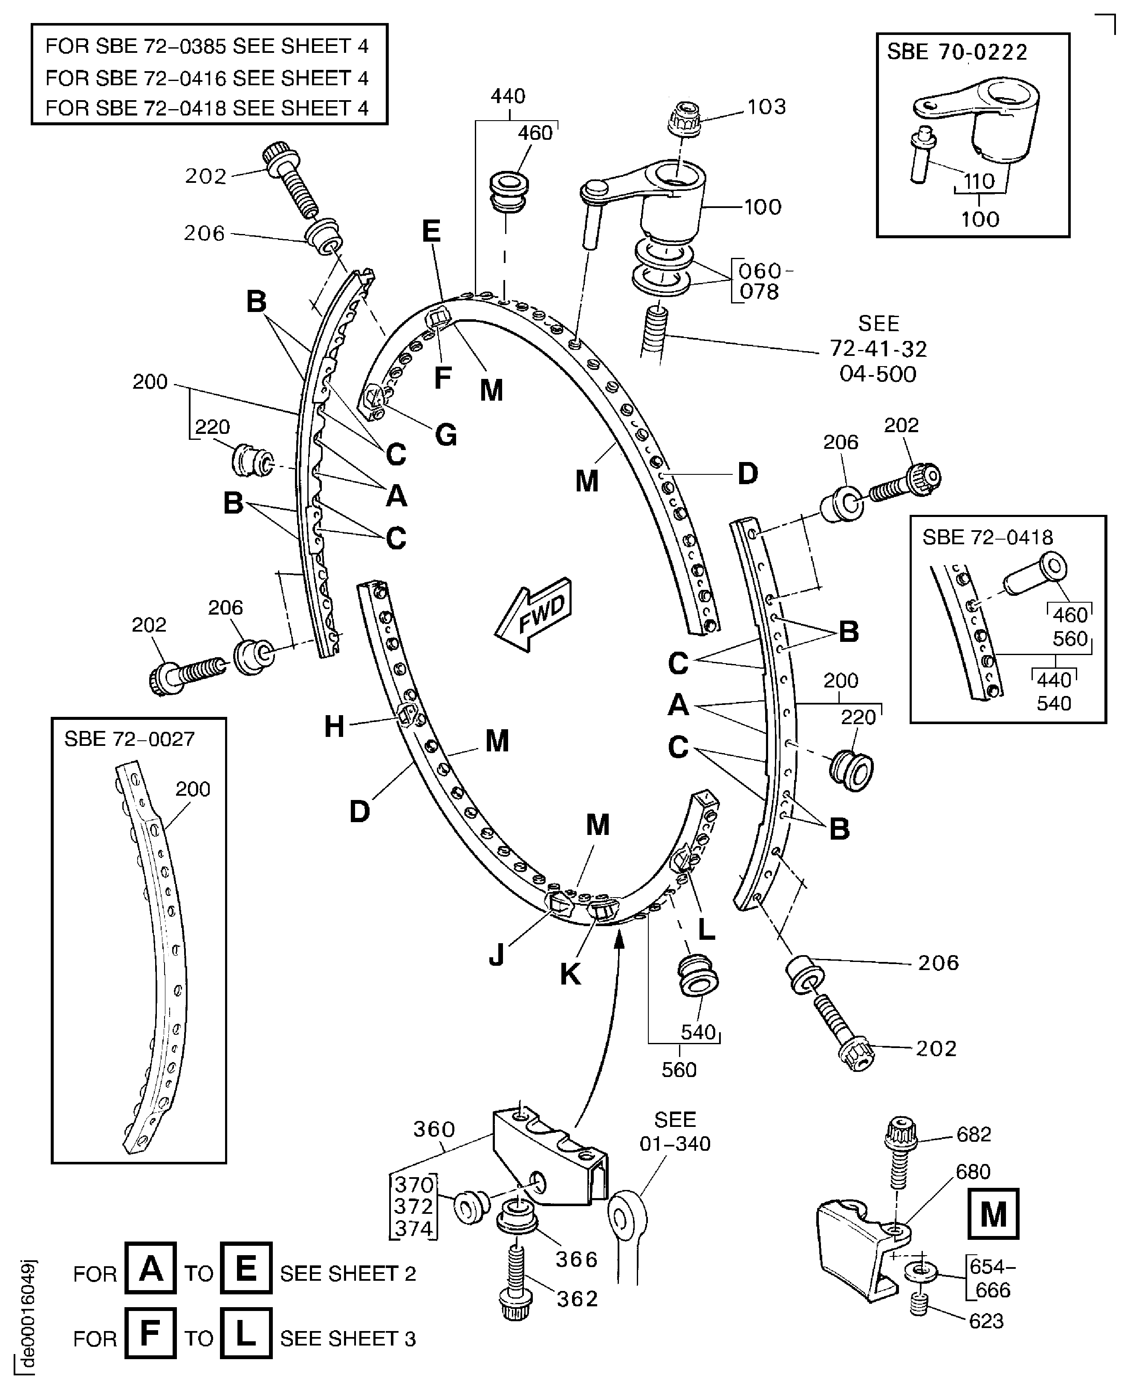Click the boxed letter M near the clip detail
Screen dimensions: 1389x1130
pyautogui.click(x=993, y=1213)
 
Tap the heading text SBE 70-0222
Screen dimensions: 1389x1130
pyautogui.click(x=957, y=52)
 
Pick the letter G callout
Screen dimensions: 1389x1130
pyautogui.click(x=446, y=434)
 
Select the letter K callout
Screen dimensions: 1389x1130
pyautogui.click(x=570, y=974)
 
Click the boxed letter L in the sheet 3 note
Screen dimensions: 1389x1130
pyautogui.click(x=246, y=1333)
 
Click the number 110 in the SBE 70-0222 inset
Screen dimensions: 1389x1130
pyautogui.click(x=979, y=181)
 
